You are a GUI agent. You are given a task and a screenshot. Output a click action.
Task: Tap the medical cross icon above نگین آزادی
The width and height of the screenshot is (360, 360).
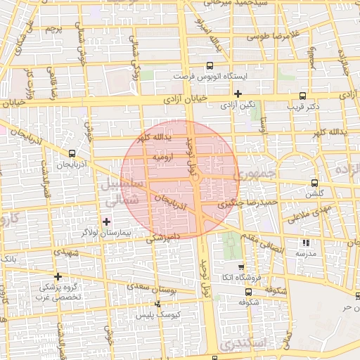(238, 93)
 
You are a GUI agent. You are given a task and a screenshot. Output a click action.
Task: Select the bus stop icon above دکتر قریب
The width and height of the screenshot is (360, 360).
(302, 96)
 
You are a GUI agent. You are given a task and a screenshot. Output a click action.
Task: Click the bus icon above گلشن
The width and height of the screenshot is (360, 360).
(313, 182)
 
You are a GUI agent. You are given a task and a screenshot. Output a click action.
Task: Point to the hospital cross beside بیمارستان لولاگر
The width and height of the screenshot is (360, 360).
(107, 221)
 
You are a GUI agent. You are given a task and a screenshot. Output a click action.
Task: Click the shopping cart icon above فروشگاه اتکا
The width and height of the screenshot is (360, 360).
(241, 267)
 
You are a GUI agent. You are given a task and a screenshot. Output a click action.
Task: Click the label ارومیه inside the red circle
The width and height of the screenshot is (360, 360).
(164, 158)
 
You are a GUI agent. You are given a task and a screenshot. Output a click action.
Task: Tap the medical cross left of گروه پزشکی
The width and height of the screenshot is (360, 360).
(58, 276)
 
